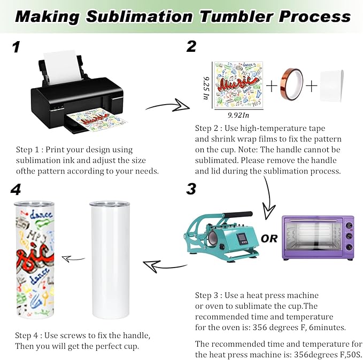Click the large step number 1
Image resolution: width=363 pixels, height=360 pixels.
(x=16, y=48)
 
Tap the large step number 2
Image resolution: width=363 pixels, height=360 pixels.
(x=191, y=47)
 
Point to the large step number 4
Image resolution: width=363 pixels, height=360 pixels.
(x=16, y=190)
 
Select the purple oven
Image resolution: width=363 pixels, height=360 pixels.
(x=319, y=237)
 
